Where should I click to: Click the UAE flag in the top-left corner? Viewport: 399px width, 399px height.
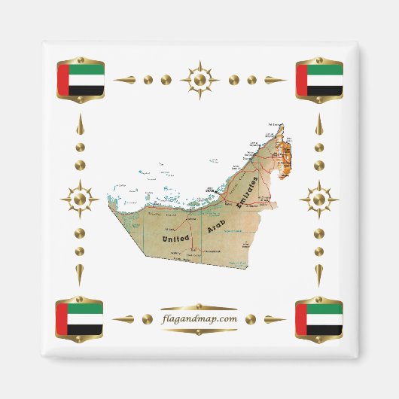pyautogui.click(x=81, y=79)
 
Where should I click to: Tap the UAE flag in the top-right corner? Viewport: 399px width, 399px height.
pyautogui.click(x=319, y=79)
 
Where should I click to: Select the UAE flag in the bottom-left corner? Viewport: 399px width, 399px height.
pyautogui.click(x=80, y=318)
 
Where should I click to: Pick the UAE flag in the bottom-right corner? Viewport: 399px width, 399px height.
pyautogui.click(x=318, y=318)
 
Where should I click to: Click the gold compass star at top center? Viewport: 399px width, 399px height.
pyautogui.click(x=200, y=79)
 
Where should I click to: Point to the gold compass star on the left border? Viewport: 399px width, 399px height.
pyautogui.click(x=81, y=200)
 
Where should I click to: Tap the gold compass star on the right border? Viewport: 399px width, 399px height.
pyautogui.click(x=318, y=200)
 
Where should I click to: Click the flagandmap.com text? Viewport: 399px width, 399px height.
pyautogui.click(x=200, y=318)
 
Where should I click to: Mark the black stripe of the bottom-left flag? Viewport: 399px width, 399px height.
pyautogui.click(x=86, y=329)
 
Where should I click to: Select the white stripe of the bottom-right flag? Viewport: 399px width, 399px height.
pyautogui.click(x=324, y=318)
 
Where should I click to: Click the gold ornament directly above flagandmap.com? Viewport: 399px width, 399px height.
pyautogui.click(x=200, y=307)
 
